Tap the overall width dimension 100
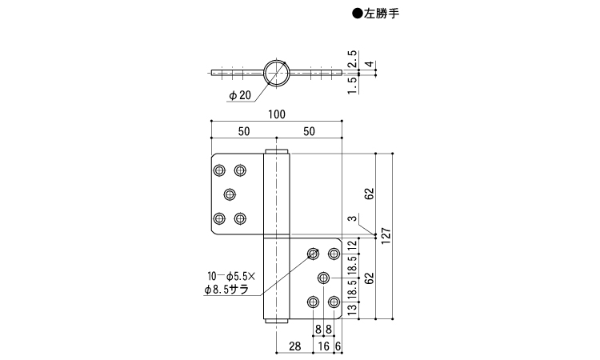tap(277, 114)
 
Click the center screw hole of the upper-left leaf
tap(230, 194)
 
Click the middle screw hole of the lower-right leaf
tap(323, 278)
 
